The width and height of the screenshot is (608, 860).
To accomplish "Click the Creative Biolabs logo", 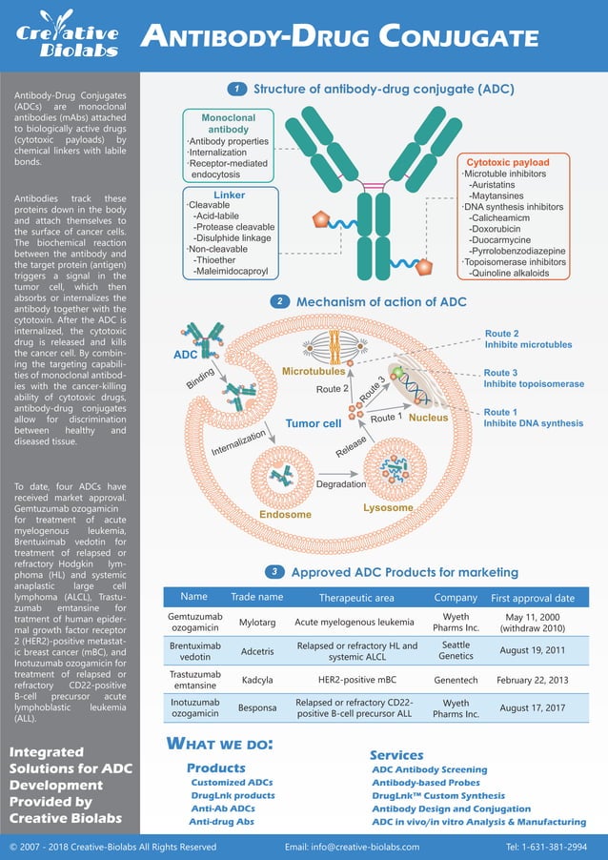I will click(67, 36).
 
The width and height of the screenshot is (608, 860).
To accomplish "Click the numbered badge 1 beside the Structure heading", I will click(236, 90).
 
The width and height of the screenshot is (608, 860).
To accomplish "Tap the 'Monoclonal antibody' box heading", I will click(229, 123).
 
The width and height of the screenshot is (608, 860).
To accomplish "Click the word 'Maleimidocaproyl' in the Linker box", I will click(231, 271).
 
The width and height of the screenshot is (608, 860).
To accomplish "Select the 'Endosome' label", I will click(286, 515).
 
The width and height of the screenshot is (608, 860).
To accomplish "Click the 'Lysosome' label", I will click(388, 508).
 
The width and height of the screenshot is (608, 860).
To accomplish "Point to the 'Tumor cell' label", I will click(314, 423).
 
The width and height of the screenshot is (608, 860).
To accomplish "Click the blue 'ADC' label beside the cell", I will click(185, 355).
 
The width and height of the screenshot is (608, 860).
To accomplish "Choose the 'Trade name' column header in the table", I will click(256, 597).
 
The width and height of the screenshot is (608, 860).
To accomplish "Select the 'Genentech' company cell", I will click(456, 682).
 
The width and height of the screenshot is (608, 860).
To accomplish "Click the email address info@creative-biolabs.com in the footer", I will click(352, 847).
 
